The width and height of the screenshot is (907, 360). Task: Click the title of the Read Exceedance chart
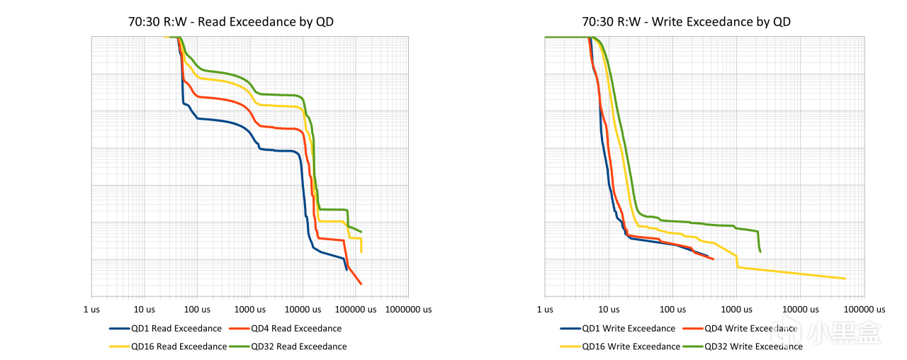point(231,22)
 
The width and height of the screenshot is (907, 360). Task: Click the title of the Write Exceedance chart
point(686,22)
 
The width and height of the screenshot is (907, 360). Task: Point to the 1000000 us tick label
point(408,309)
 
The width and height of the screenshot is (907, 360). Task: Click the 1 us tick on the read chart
point(91,309)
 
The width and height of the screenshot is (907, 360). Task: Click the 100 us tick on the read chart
point(197,309)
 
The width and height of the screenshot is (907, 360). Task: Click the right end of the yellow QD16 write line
point(845,279)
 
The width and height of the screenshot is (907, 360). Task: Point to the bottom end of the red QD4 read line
point(361,284)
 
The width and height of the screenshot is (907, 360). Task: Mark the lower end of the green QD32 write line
point(760,252)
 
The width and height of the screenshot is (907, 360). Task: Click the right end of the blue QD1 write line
point(708,255)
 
